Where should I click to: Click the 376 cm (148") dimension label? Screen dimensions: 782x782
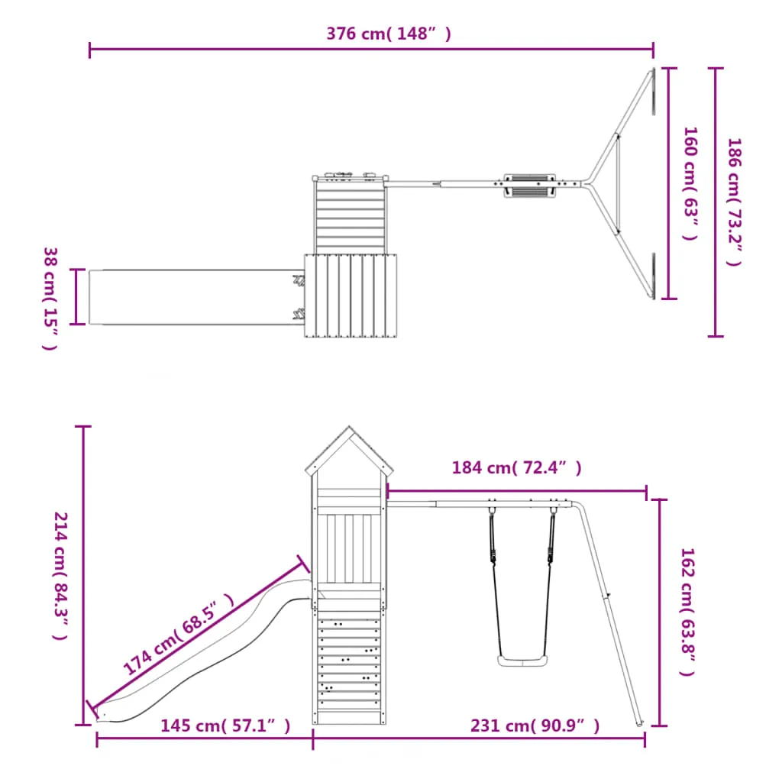coord(389,34)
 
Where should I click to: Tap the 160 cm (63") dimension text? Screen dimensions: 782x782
coord(690,183)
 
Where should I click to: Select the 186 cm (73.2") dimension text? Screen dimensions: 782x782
coord(735,202)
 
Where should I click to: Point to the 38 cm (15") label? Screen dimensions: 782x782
coord(50,299)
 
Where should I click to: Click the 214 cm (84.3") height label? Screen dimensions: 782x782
coord(61,576)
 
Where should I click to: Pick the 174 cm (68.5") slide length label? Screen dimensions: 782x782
coord(179,634)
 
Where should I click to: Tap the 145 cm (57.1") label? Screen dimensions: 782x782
coord(225,725)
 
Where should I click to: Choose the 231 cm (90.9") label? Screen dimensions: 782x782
coord(535,725)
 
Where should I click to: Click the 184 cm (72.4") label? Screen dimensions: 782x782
coord(516,468)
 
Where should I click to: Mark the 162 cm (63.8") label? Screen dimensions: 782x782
coord(688,612)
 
